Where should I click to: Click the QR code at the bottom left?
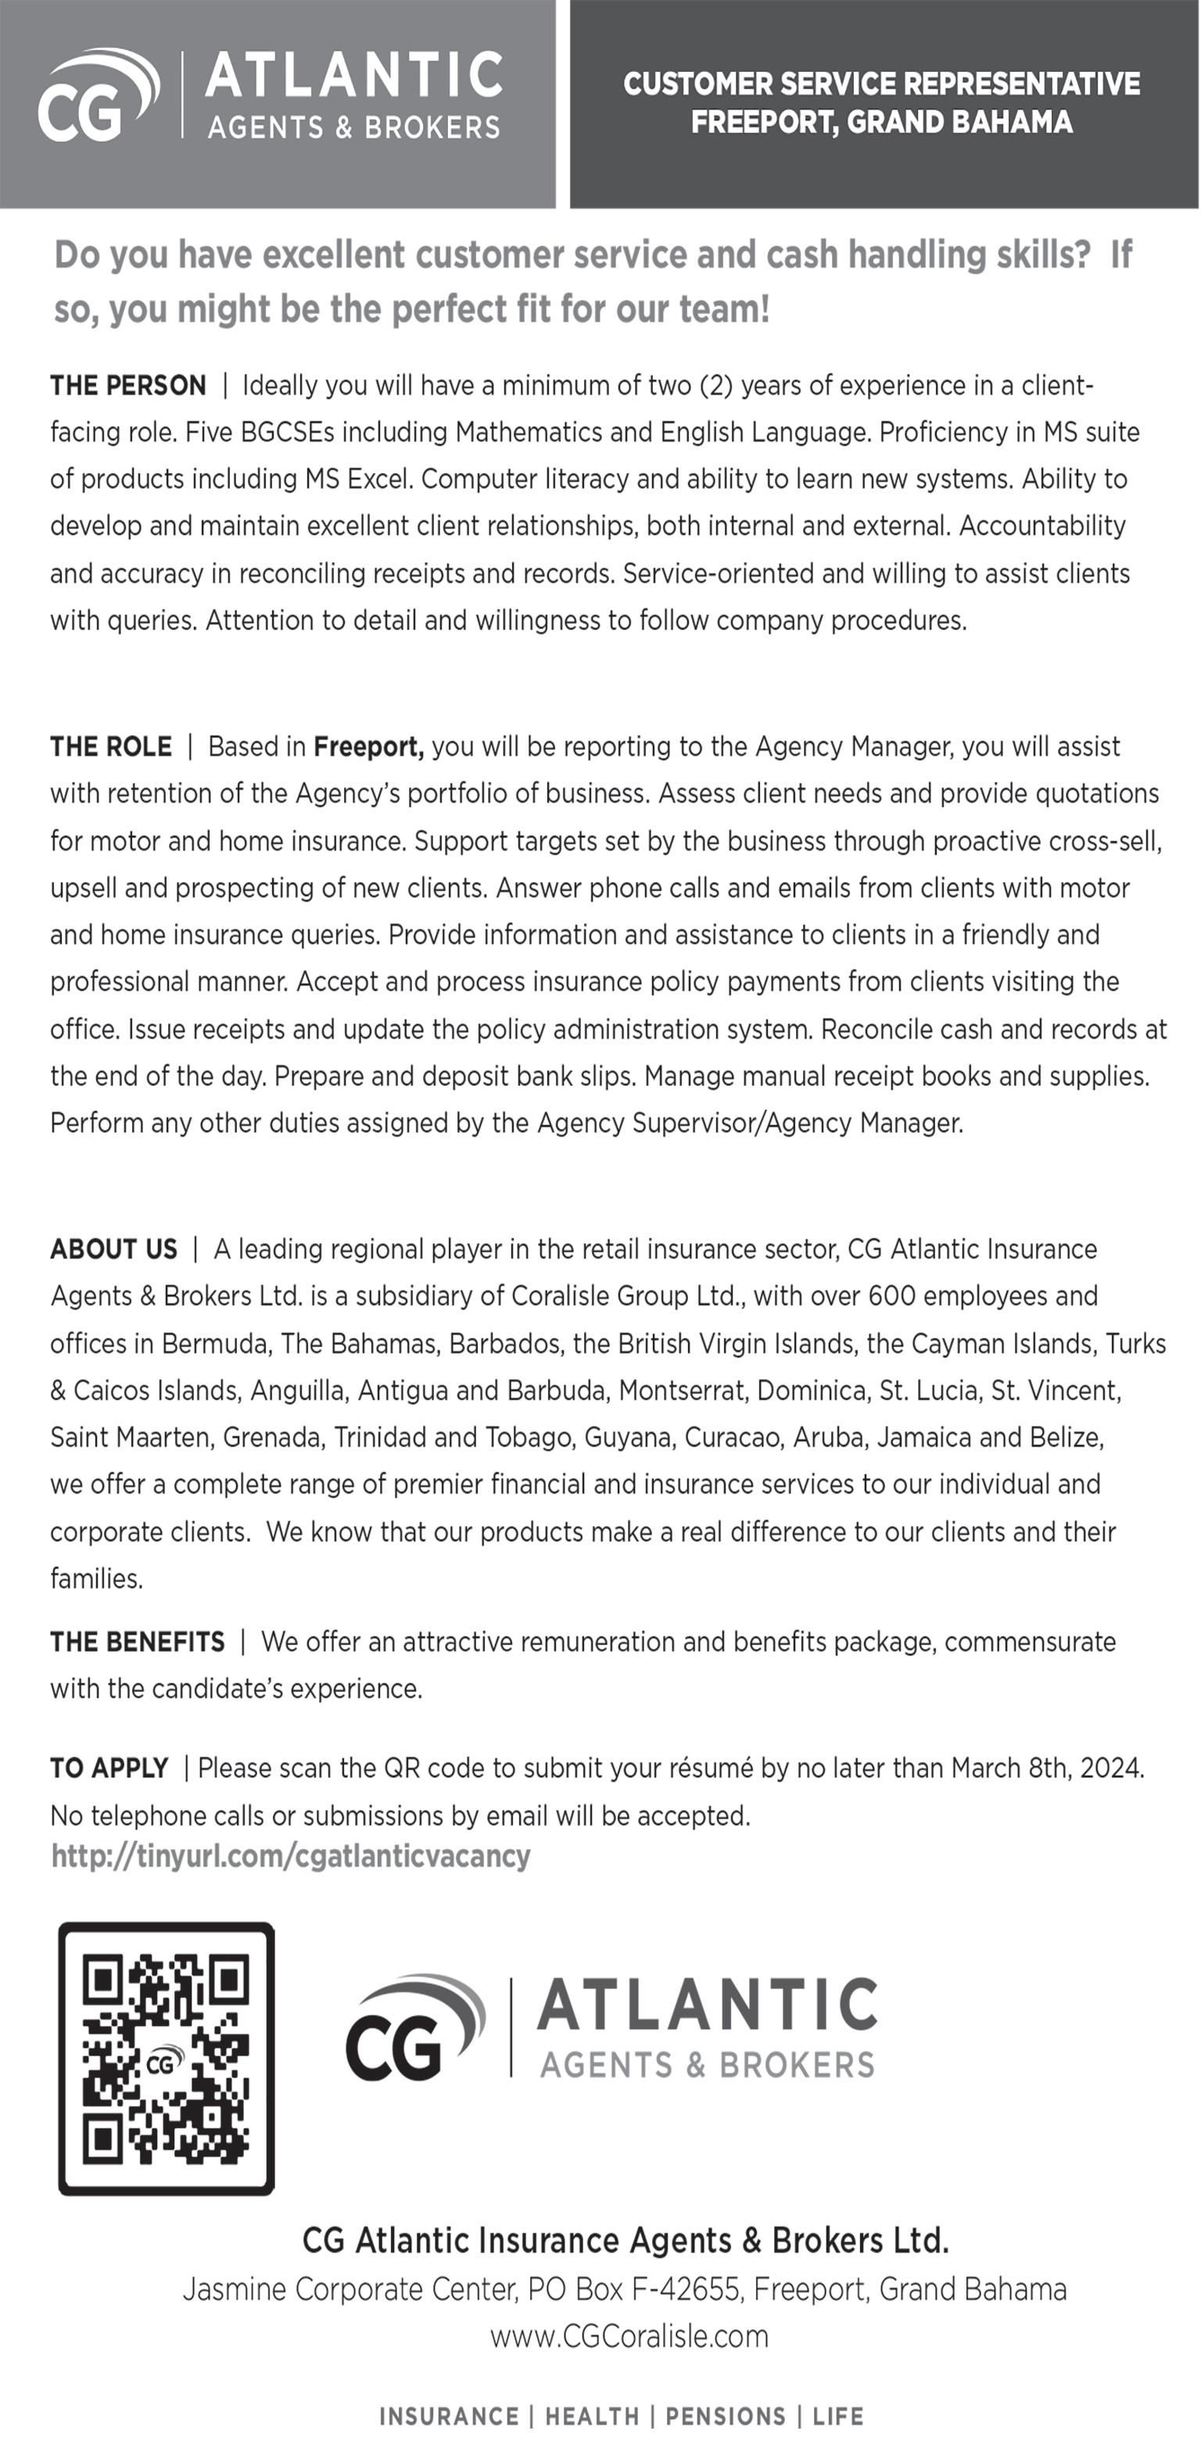tap(167, 2059)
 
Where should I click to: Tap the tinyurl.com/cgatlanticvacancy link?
tap(291, 1856)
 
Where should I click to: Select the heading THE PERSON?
tap(128, 385)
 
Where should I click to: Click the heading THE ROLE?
tap(111, 747)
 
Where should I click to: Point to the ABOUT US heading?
tap(114, 1249)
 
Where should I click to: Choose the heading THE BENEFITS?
tap(138, 1643)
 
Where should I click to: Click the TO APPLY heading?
tap(109, 1769)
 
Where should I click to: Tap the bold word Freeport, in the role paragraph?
tap(368, 747)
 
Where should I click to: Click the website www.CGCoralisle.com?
tap(629, 2337)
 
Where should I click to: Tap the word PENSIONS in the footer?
tap(726, 2417)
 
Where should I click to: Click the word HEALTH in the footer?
tap(592, 2417)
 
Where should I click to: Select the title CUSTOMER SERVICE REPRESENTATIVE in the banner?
tap(882, 84)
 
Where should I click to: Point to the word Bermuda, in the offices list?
tap(215, 1344)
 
